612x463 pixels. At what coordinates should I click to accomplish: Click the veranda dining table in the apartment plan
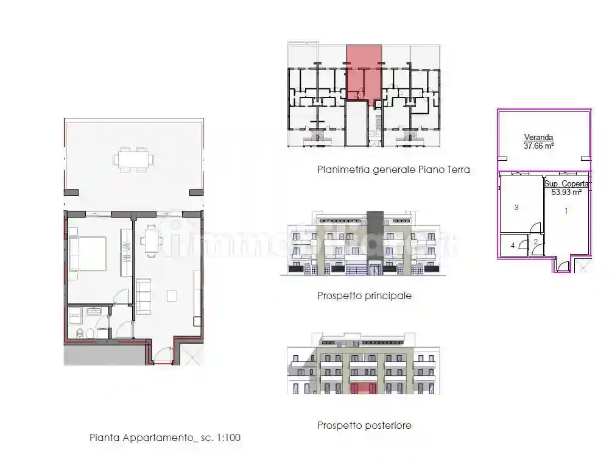(133, 159)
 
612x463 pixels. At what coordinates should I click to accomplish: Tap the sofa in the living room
(144, 296)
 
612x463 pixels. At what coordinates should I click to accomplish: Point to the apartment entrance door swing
(162, 355)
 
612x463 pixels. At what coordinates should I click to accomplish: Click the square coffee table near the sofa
(171, 295)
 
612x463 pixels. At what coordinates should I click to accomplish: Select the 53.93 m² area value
(566, 191)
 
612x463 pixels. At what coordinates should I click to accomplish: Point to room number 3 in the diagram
(516, 208)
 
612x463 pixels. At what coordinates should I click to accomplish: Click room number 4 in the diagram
(513, 246)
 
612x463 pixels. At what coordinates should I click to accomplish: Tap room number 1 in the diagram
(566, 211)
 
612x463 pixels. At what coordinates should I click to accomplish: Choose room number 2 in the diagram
(535, 242)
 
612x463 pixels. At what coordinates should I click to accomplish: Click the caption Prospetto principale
(364, 296)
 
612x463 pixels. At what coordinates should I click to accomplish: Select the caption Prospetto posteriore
(364, 425)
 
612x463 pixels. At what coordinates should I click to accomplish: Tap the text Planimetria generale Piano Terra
(393, 170)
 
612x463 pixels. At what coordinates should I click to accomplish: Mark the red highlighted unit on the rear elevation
(364, 387)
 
